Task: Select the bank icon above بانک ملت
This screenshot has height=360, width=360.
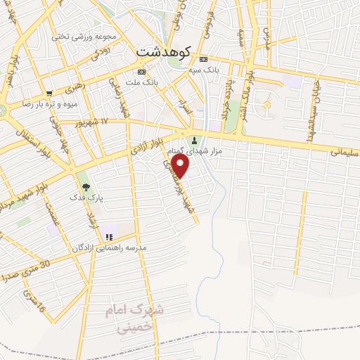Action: click(x=142, y=72)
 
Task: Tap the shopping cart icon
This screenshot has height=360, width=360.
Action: click(x=49, y=93)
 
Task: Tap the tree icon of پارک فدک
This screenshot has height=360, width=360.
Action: click(x=86, y=187)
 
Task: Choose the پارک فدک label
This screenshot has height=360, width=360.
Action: click(x=87, y=198)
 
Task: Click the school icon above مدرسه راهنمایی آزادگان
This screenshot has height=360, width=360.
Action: click(x=108, y=236)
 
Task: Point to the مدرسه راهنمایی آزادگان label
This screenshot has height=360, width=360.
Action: click(x=108, y=248)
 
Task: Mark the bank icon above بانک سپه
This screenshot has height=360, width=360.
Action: click(x=204, y=58)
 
